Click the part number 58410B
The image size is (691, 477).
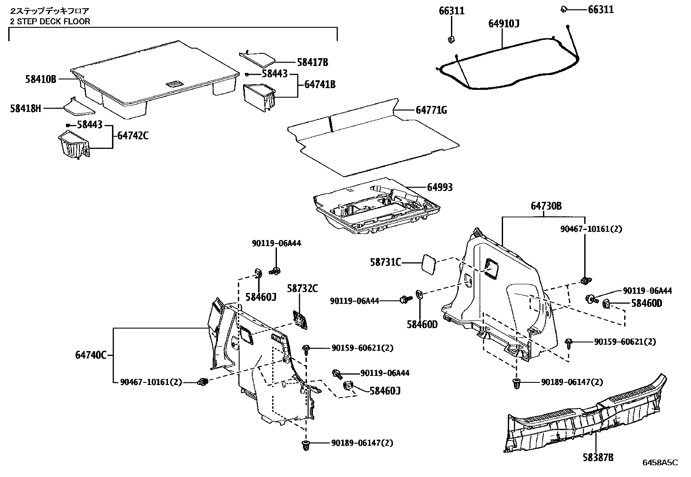[x=40, y=79]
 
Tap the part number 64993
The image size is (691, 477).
[x=440, y=187]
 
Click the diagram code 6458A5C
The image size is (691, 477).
[x=660, y=463]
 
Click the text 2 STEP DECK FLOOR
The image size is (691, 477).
[x=50, y=21]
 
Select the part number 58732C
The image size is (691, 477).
[x=303, y=288]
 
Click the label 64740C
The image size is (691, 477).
[x=91, y=355]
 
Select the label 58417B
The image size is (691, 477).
[x=313, y=63]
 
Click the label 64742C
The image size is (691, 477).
[x=133, y=135]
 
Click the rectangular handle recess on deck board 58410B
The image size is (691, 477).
[x=174, y=84]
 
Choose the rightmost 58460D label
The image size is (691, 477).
[x=646, y=303]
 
